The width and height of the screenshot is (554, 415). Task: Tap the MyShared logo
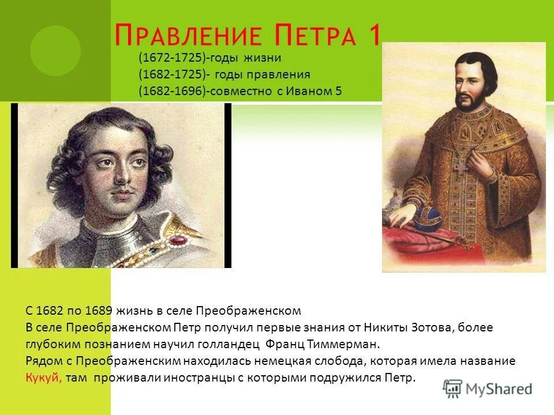(x=487, y=388)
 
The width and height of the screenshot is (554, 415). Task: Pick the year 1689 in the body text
(x=99, y=311)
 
